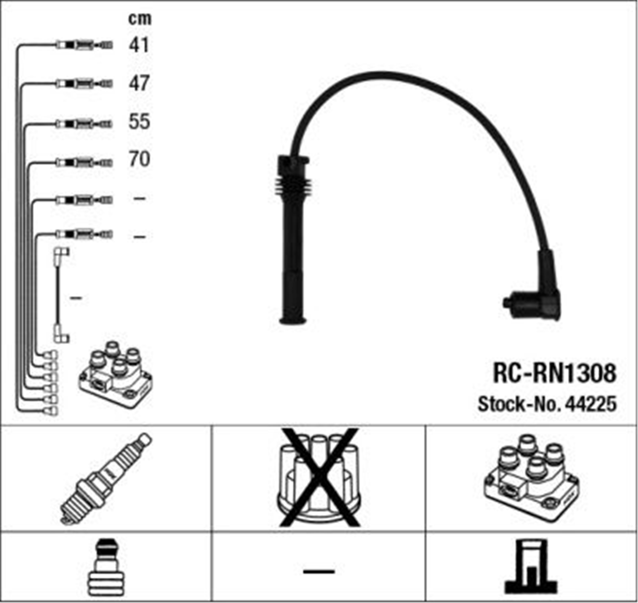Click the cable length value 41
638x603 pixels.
click(139, 45)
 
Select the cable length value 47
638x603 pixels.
click(139, 83)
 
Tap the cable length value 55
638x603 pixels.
click(139, 122)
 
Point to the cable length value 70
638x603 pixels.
click(139, 159)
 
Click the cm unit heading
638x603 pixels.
click(140, 19)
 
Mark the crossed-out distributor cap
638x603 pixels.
click(319, 479)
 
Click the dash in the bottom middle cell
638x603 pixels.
click(319, 571)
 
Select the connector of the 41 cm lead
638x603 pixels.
click(84, 45)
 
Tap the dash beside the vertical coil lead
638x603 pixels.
click(76, 298)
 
